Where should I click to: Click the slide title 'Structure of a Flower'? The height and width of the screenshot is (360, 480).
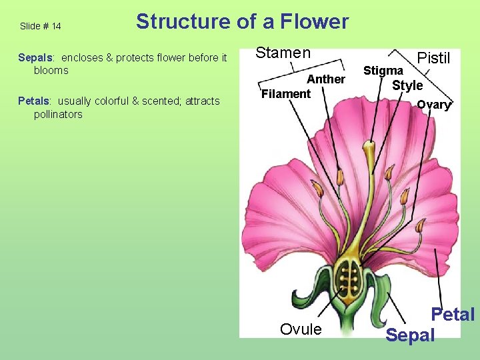(242, 22)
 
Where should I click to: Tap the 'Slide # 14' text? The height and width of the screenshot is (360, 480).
(41, 27)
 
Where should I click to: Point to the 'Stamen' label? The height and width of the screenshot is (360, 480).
(283, 53)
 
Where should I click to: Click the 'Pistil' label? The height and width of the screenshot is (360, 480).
(433, 59)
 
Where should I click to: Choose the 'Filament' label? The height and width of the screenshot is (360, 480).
(286, 94)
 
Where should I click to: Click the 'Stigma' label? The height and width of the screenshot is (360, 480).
(383, 71)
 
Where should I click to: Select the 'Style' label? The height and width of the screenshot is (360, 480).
(407, 85)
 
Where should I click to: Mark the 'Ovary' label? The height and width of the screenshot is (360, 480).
(434, 105)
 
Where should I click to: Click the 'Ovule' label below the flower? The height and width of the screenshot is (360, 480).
(301, 329)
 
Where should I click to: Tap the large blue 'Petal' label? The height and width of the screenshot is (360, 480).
(453, 314)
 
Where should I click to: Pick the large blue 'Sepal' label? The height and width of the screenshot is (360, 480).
(410, 335)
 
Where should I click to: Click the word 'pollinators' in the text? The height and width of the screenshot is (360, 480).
(58, 115)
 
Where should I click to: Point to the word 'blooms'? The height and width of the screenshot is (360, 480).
(51, 71)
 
